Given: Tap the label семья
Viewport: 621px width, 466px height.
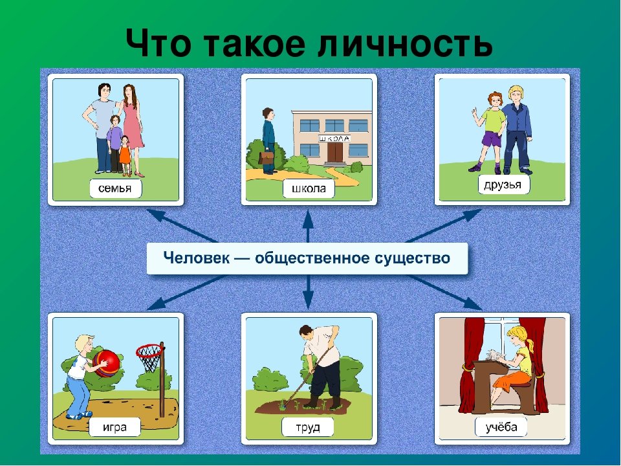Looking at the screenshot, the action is coord(115,188).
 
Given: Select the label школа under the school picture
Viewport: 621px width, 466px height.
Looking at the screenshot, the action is coord(309,188).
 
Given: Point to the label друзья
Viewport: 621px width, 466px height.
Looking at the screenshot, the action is coord(503,184).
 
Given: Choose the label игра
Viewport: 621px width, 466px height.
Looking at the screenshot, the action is coord(115,427).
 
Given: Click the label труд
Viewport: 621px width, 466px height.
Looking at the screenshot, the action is coord(308,427).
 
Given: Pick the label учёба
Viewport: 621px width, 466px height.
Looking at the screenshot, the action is coord(501,427).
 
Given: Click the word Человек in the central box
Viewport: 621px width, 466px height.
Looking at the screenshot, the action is coord(197,258).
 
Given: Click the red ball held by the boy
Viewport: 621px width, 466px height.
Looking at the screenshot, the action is coord(107,363).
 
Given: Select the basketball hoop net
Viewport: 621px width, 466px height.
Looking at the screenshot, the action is coord(149,359).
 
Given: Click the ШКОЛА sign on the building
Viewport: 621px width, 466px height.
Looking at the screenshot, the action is coord(334,139).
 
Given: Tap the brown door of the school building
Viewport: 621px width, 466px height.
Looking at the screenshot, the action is coord(334,153).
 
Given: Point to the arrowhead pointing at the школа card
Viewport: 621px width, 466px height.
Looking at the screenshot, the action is coord(308,219).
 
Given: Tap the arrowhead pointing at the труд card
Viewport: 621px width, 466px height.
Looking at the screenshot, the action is coord(308,300).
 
